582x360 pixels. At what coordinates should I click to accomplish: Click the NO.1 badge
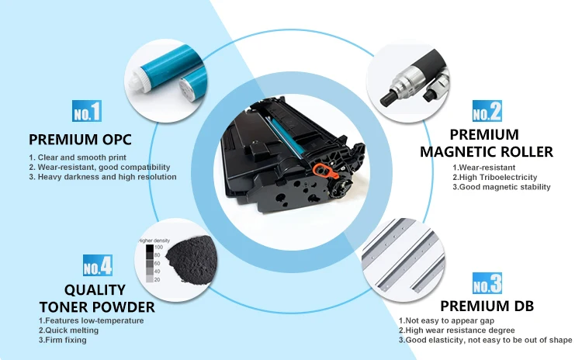tap(87, 111)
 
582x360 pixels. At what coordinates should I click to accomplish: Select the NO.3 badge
tap(487, 282)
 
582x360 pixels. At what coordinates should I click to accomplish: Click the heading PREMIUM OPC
tap(80, 140)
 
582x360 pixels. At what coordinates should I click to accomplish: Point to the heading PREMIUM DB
tap(487, 306)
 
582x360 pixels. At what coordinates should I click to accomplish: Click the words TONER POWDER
tap(97, 307)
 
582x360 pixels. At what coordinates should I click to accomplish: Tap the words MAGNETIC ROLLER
tap(487, 152)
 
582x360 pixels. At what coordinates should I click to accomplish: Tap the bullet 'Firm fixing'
tap(63, 340)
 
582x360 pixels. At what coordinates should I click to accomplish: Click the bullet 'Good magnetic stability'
tap(501, 187)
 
